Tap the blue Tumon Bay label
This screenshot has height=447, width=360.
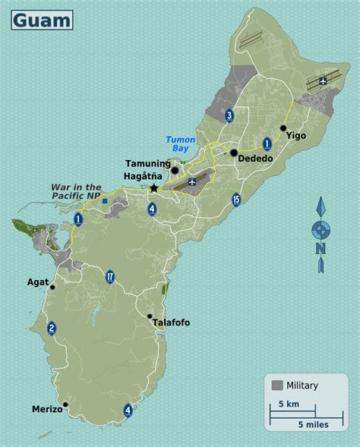[181, 144]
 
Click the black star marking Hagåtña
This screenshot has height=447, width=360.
[154, 187]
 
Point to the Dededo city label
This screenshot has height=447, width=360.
[255, 159]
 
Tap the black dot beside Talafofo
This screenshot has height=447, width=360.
[150, 316]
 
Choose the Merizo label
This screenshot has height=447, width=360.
[47, 409]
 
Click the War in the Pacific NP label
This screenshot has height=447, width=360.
[76, 191]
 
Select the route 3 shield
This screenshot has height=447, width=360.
[229, 115]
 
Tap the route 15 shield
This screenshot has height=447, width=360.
[237, 200]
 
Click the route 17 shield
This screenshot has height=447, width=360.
[110, 276]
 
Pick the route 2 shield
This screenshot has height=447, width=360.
[51, 328]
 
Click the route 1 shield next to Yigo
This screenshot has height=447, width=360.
[267, 143]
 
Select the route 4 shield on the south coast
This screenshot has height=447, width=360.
[128, 411]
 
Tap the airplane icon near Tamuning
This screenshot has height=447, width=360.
[191, 181]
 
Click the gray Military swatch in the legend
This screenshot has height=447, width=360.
[277, 386]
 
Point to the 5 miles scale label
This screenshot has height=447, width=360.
[313, 425]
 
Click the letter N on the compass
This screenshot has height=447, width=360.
[321, 248]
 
